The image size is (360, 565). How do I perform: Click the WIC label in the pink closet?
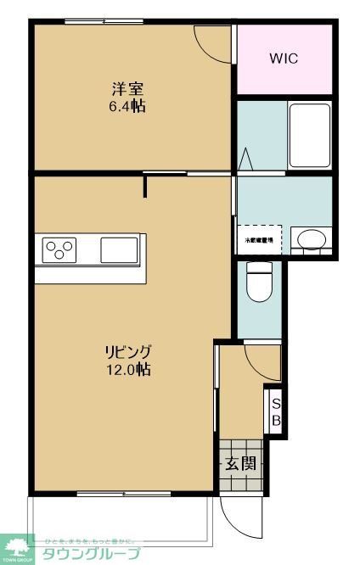[x=284, y=59]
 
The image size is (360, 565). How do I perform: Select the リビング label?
[x=128, y=351]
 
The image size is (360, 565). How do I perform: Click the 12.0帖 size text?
[x=128, y=370]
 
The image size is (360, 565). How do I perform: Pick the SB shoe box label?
[x=276, y=412]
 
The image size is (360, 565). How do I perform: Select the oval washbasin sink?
[x=308, y=238]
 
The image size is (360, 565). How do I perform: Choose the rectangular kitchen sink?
[x=119, y=250]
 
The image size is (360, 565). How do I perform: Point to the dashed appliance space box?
[x=259, y=238]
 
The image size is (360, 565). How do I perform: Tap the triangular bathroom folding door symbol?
[x=246, y=159]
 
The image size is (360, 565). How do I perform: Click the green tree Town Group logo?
[x=18, y=547]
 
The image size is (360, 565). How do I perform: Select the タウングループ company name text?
[x=93, y=553]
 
